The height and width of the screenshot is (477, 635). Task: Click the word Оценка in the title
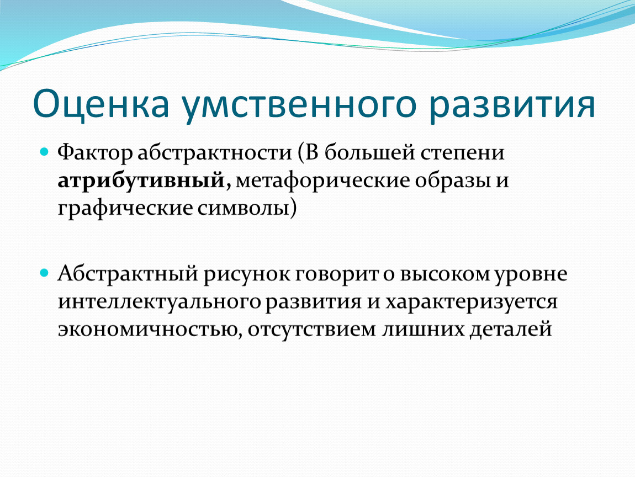pyautogui.click(x=101, y=104)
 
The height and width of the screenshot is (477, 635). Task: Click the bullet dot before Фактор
pyautogui.click(x=44, y=152)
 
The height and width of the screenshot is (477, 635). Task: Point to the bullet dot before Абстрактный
pyautogui.click(x=44, y=273)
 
